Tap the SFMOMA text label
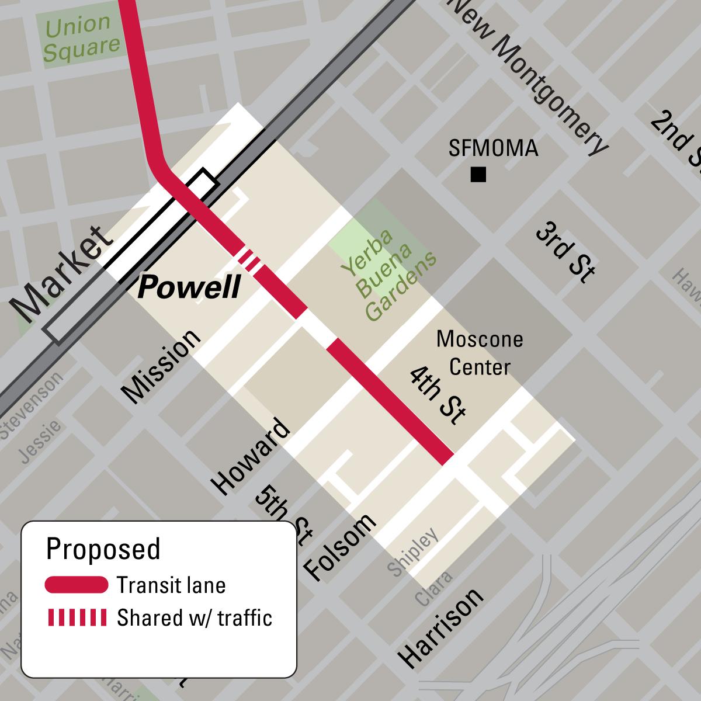493,149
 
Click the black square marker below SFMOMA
478,175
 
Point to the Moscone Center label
480,353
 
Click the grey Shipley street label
412,553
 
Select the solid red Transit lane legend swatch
76,585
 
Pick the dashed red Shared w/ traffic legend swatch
76,617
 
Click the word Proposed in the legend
103,549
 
